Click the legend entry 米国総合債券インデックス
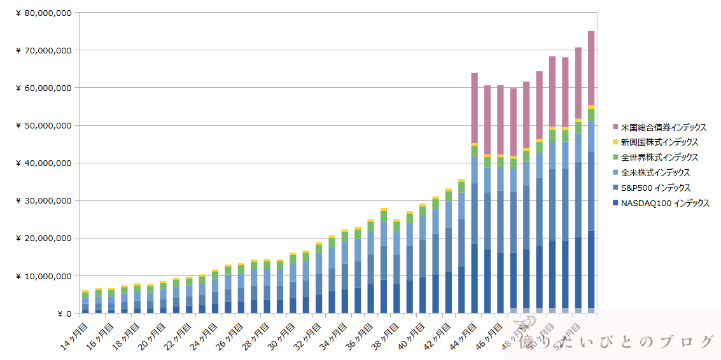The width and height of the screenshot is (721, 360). pyautogui.click(x=663, y=127)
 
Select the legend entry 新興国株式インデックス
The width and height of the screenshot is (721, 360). pyautogui.click(x=659, y=142)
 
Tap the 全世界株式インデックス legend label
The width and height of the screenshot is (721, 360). pyautogui.click(x=659, y=158)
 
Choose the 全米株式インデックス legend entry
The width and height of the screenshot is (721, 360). pyautogui.click(x=655, y=173)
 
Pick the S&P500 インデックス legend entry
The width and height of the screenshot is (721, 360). pyautogui.click(x=655, y=188)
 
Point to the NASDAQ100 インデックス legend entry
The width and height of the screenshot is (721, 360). pyautogui.click(x=664, y=204)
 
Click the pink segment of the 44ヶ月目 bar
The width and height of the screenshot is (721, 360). pyautogui.click(x=474, y=108)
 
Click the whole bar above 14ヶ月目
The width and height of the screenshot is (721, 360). pyautogui.click(x=85, y=302)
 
